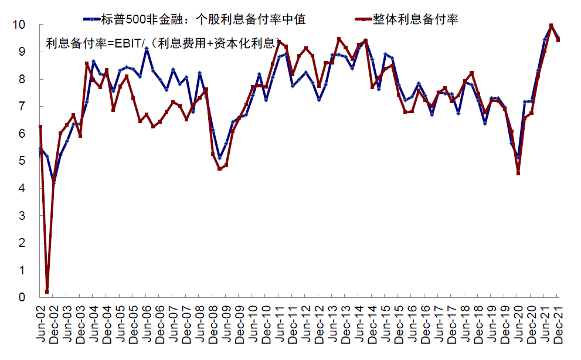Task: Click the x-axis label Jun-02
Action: coord(41,324)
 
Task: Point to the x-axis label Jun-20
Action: coord(519,324)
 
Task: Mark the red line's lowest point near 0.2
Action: coord(47,291)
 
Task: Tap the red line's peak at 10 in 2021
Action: coord(551,26)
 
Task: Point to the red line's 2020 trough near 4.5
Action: coord(518,173)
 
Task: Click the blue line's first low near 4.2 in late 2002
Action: coord(54,182)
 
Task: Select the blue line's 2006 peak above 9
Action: coord(147,49)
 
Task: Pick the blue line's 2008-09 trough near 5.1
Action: coord(219,157)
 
